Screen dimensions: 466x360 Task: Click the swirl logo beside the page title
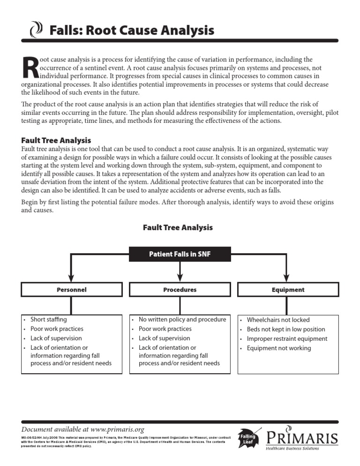tap(36, 31)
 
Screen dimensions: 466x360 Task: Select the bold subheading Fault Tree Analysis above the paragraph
tap(56, 140)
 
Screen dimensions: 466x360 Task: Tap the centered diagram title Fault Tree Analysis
tap(178, 227)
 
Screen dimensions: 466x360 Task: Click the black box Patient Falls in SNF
tap(180, 255)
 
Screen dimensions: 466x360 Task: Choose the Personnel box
tap(71, 290)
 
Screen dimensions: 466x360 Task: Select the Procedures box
tap(180, 290)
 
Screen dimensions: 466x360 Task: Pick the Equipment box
tap(288, 290)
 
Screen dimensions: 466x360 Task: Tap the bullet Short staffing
tap(48, 319)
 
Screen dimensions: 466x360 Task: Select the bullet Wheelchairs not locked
tap(278, 320)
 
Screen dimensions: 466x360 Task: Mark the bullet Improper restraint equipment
tap(287, 338)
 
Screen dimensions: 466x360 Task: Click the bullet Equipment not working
tap(278, 348)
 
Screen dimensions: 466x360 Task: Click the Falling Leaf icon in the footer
tap(248, 439)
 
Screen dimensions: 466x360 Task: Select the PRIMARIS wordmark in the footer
tap(302, 438)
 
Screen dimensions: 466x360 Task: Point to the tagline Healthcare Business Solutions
tap(292, 449)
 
